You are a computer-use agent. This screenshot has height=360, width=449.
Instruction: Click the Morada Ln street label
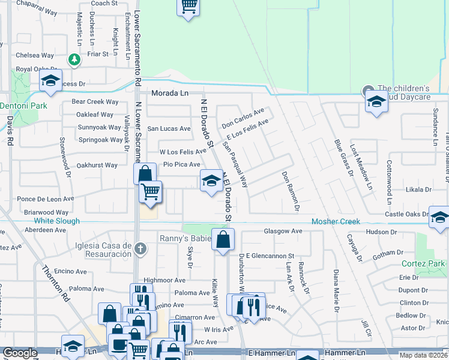(x=170, y=94)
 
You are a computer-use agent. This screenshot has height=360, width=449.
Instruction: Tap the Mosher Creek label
(x=336, y=221)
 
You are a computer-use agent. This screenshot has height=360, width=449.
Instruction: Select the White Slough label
(x=57, y=221)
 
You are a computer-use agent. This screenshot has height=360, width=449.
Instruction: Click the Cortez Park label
(x=424, y=263)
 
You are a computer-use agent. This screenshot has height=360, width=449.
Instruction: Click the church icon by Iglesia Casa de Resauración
(x=140, y=248)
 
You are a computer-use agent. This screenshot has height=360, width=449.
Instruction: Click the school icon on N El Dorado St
(x=211, y=181)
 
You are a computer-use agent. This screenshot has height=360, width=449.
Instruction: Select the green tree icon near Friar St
(x=74, y=59)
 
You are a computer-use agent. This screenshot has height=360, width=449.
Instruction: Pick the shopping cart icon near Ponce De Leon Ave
(x=150, y=193)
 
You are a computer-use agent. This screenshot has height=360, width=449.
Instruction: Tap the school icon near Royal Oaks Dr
(x=50, y=80)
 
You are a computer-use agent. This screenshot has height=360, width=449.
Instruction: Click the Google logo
(x=20, y=353)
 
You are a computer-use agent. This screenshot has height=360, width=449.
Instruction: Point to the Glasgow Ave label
(x=283, y=231)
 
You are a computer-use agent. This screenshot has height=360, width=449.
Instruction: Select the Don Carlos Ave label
(x=243, y=118)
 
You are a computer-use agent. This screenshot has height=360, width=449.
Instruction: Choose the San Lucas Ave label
(x=169, y=128)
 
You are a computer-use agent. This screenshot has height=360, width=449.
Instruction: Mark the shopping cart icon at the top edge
(x=189, y=7)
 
